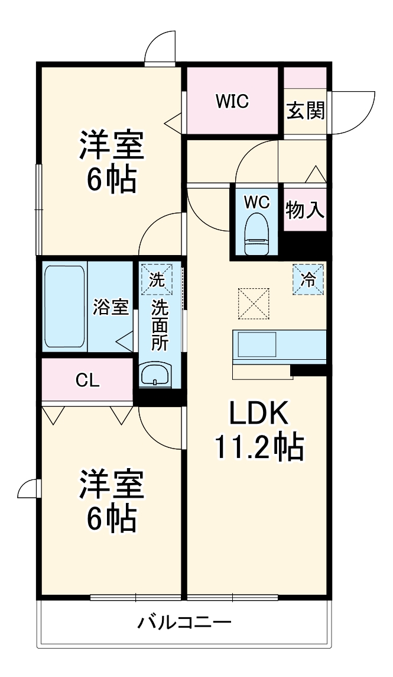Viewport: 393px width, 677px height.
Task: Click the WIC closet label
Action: point(232,102)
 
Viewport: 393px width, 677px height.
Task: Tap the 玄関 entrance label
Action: point(306,111)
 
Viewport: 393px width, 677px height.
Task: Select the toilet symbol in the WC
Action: point(256,234)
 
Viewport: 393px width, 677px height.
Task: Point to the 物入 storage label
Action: point(306,209)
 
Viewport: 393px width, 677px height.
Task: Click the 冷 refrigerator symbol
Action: point(308,279)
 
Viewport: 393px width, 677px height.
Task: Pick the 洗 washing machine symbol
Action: point(157,280)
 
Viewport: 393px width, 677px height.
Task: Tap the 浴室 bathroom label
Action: point(111,307)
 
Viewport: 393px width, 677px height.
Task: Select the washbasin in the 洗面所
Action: point(155,375)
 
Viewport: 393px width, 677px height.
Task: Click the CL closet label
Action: point(87,381)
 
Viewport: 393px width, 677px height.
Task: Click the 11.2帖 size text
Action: point(258,448)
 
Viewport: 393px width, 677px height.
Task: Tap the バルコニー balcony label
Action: point(184,623)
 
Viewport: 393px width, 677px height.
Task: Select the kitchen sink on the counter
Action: point(256,344)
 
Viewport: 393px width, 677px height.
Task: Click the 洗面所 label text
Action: point(159,325)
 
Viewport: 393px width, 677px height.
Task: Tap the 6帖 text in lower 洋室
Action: point(112,518)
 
